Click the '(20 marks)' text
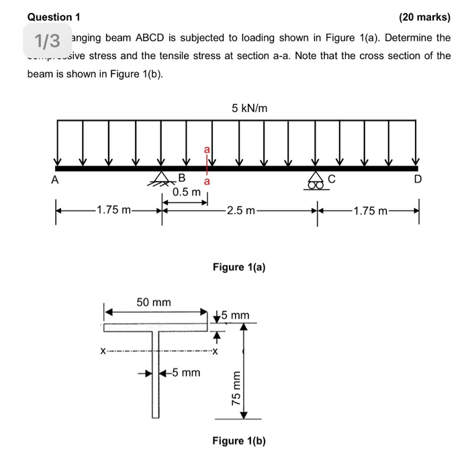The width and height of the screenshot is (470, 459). (424, 16)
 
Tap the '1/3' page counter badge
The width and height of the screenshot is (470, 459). (47, 42)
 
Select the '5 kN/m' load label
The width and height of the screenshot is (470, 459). (249, 107)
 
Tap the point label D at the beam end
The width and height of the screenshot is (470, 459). (418, 180)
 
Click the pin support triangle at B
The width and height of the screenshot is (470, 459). (162, 177)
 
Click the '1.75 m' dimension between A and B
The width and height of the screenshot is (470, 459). (115, 211)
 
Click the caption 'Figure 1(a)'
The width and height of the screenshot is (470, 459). (239, 267)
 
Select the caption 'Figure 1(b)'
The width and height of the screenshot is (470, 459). (239, 441)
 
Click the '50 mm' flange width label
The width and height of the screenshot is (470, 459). (154, 303)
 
